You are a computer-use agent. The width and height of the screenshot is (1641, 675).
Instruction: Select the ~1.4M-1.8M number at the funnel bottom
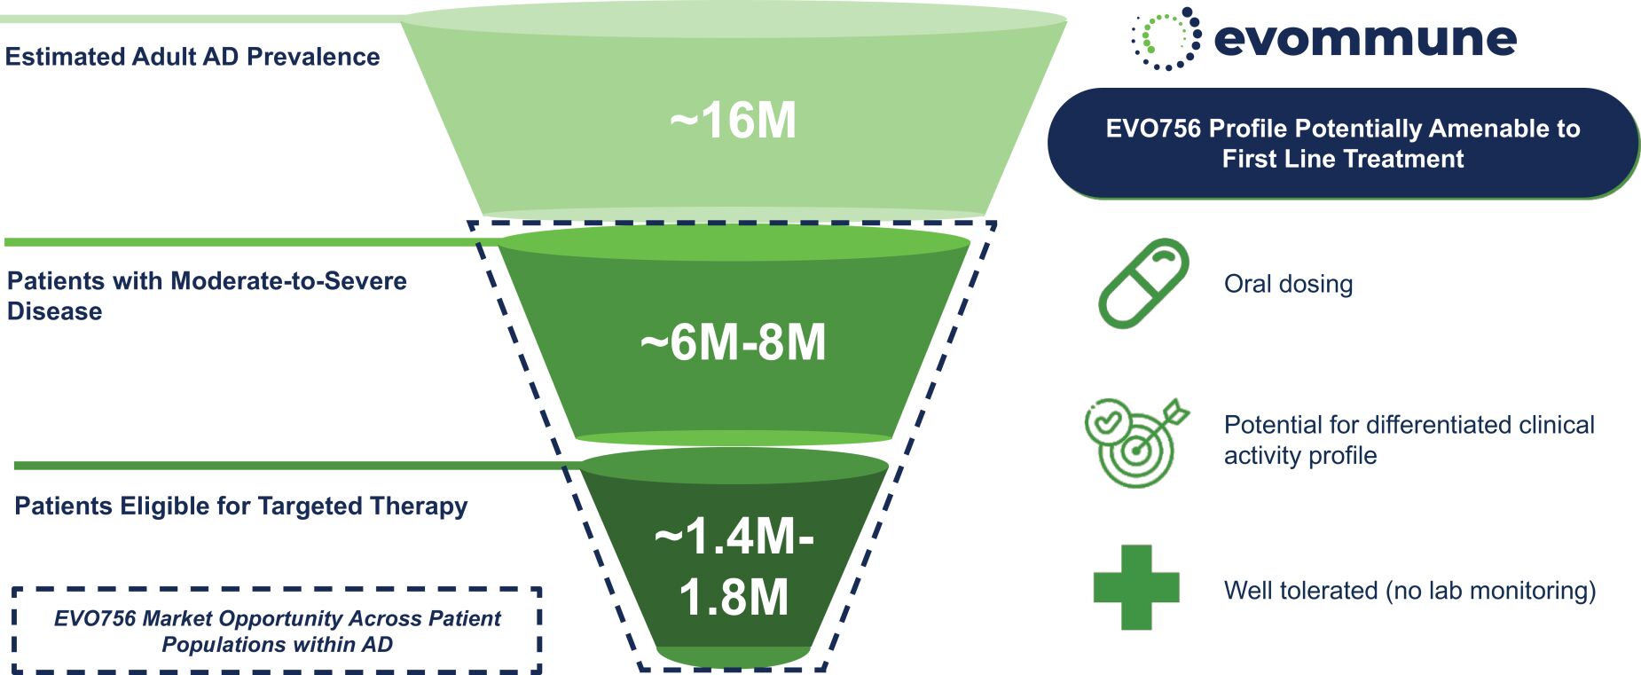(734, 566)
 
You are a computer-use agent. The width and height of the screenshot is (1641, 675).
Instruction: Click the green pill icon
(1143, 283)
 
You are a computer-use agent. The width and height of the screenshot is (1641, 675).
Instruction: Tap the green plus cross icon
(1136, 587)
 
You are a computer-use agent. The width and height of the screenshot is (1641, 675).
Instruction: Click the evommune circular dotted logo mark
(1166, 38)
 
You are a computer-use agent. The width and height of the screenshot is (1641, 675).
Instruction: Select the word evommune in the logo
(1365, 39)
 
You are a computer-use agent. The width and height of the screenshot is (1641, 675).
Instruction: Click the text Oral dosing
(1288, 284)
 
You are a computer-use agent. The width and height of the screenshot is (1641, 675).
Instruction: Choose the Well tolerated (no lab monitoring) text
(1409, 591)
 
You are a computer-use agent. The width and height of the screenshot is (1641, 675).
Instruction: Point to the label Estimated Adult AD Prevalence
(192, 57)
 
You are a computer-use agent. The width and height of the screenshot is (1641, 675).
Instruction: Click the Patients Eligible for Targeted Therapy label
(241, 506)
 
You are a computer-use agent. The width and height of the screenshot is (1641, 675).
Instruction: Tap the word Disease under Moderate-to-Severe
(54, 311)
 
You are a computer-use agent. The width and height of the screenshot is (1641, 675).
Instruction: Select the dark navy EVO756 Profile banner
(1343, 143)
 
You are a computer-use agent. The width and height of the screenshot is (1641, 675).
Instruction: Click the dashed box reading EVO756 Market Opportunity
(277, 631)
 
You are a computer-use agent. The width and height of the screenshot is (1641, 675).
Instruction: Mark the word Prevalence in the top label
(313, 57)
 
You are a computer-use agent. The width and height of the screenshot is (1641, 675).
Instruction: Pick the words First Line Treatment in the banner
(1343, 159)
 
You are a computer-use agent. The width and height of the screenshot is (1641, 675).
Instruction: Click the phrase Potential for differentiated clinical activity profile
(1409, 440)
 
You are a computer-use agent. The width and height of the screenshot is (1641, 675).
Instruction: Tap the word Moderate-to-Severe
(288, 281)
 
